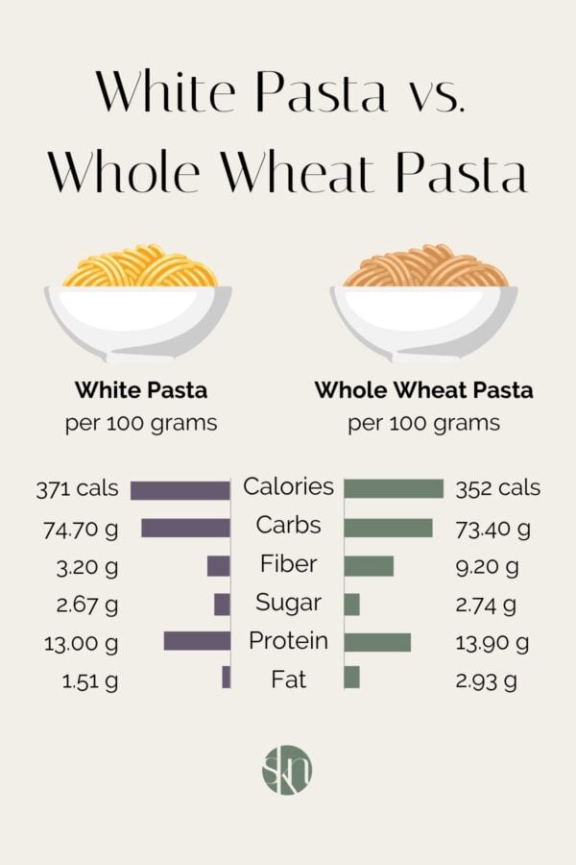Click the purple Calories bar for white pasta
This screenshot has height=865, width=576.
(x=180, y=489)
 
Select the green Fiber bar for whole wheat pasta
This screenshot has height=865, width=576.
(x=369, y=566)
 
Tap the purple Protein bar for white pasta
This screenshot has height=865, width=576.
(x=197, y=641)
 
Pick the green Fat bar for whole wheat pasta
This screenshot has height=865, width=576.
(x=351, y=678)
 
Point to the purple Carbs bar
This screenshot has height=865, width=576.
(x=185, y=528)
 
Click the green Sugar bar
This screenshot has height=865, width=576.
(x=351, y=604)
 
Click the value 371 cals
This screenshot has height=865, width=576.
(x=78, y=488)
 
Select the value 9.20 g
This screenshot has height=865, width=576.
(x=487, y=567)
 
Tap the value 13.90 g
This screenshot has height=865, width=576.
(x=492, y=643)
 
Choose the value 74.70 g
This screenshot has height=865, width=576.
(x=80, y=528)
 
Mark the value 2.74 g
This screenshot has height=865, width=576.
(x=487, y=605)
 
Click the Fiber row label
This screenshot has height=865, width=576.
(x=288, y=564)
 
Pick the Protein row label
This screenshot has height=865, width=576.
(x=288, y=641)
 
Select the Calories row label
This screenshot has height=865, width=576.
(x=288, y=487)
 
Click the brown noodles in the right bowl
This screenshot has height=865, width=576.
(x=424, y=268)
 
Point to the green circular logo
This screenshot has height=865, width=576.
(x=287, y=769)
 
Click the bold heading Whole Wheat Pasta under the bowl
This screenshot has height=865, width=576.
(x=423, y=391)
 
